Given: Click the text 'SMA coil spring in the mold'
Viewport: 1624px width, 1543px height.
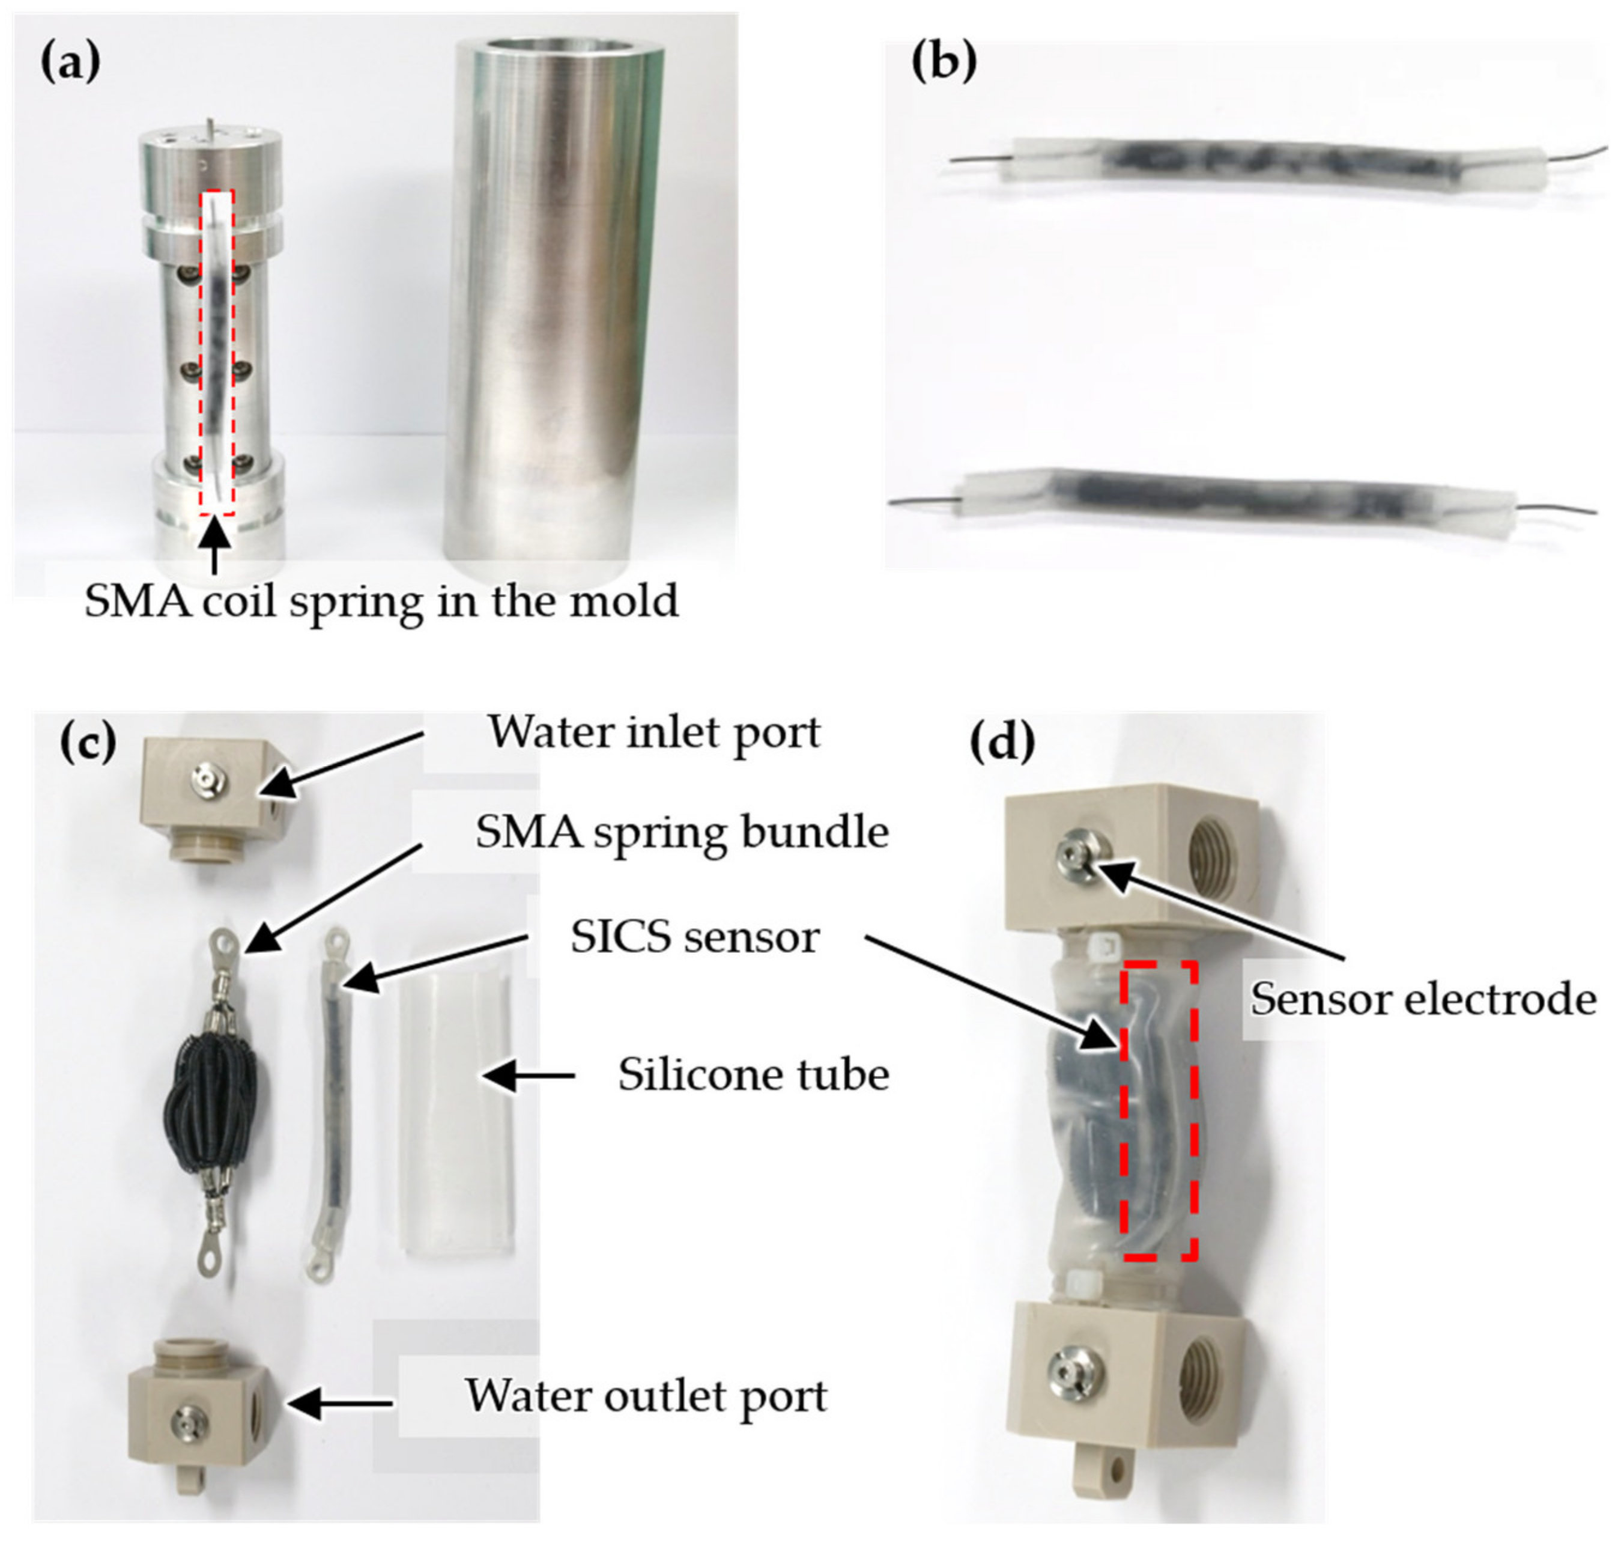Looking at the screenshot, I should tap(381, 601).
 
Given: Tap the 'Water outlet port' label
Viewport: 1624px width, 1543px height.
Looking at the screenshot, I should tap(646, 1396).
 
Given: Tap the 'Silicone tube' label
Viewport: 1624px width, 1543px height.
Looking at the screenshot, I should tap(753, 1075).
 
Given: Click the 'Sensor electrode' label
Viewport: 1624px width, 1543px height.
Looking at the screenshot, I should tap(1423, 999).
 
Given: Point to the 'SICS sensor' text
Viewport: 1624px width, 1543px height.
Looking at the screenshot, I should tap(695, 938).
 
